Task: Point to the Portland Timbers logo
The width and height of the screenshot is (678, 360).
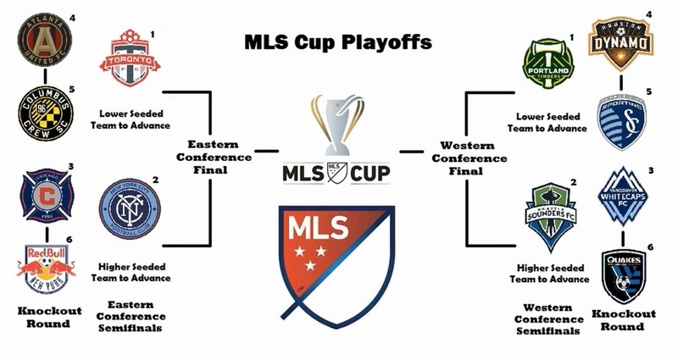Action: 547,61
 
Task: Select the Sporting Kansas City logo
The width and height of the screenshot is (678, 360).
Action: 622,118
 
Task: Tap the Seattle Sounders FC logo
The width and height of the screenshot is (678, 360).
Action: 551,219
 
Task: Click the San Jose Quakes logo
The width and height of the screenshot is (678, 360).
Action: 622,274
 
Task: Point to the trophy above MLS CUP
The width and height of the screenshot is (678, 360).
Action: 338,125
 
